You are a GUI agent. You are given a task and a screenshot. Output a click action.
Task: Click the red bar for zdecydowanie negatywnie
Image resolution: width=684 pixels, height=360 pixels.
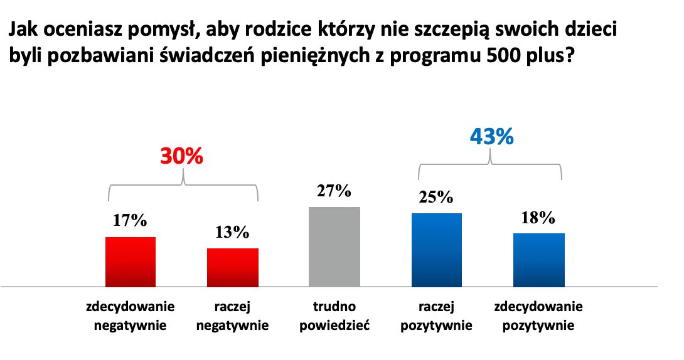point(130,262)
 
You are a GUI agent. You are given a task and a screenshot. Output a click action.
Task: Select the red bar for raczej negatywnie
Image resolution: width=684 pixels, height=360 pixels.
point(233,267)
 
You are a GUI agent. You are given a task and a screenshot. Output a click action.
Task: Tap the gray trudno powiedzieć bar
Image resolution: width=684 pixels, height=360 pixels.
point(334,246)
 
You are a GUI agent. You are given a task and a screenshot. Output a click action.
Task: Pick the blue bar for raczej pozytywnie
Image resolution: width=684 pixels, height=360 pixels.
point(436,250)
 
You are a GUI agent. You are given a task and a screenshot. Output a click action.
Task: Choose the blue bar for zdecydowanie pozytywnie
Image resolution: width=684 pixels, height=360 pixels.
point(538,260)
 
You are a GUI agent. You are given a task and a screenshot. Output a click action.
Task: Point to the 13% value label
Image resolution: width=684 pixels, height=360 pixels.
point(233,232)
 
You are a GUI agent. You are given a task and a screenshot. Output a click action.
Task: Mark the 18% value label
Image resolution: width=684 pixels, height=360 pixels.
point(538,217)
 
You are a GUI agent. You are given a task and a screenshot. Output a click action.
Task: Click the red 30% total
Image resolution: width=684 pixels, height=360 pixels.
point(182,156)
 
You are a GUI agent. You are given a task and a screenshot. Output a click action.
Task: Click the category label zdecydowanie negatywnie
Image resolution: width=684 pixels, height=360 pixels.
point(131,316)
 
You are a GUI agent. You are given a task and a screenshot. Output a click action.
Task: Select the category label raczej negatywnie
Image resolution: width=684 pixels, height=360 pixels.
point(233,316)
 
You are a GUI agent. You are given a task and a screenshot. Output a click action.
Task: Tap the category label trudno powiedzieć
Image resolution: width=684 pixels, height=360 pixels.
point(334,316)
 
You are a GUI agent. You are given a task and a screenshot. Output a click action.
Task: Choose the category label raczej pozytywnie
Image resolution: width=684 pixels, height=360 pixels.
point(436,316)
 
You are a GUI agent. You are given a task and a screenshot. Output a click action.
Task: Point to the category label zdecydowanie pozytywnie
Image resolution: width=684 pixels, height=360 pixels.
point(538,316)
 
